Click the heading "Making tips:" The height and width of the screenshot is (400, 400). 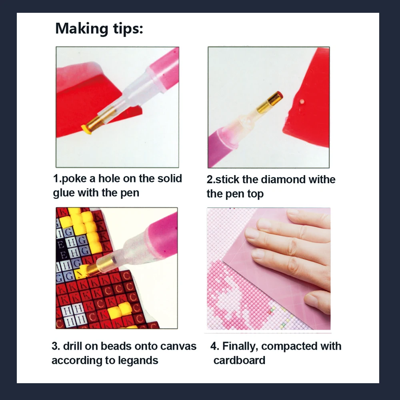pyautogui.click(x=99, y=28)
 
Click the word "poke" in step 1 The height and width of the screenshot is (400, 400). pyautogui.click(x=74, y=178)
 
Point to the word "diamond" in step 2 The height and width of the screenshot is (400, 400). pyautogui.click(x=283, y=179)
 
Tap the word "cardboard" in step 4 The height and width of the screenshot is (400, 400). pyautogui.click(x=239, y=360)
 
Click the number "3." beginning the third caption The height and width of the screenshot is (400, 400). pyautogui.click(x=56, y=346)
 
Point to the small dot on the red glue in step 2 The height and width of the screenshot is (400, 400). pyautogui.click(x=302, y=102)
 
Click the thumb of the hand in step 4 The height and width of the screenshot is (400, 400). pyautogui.click(x=318, y=302)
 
